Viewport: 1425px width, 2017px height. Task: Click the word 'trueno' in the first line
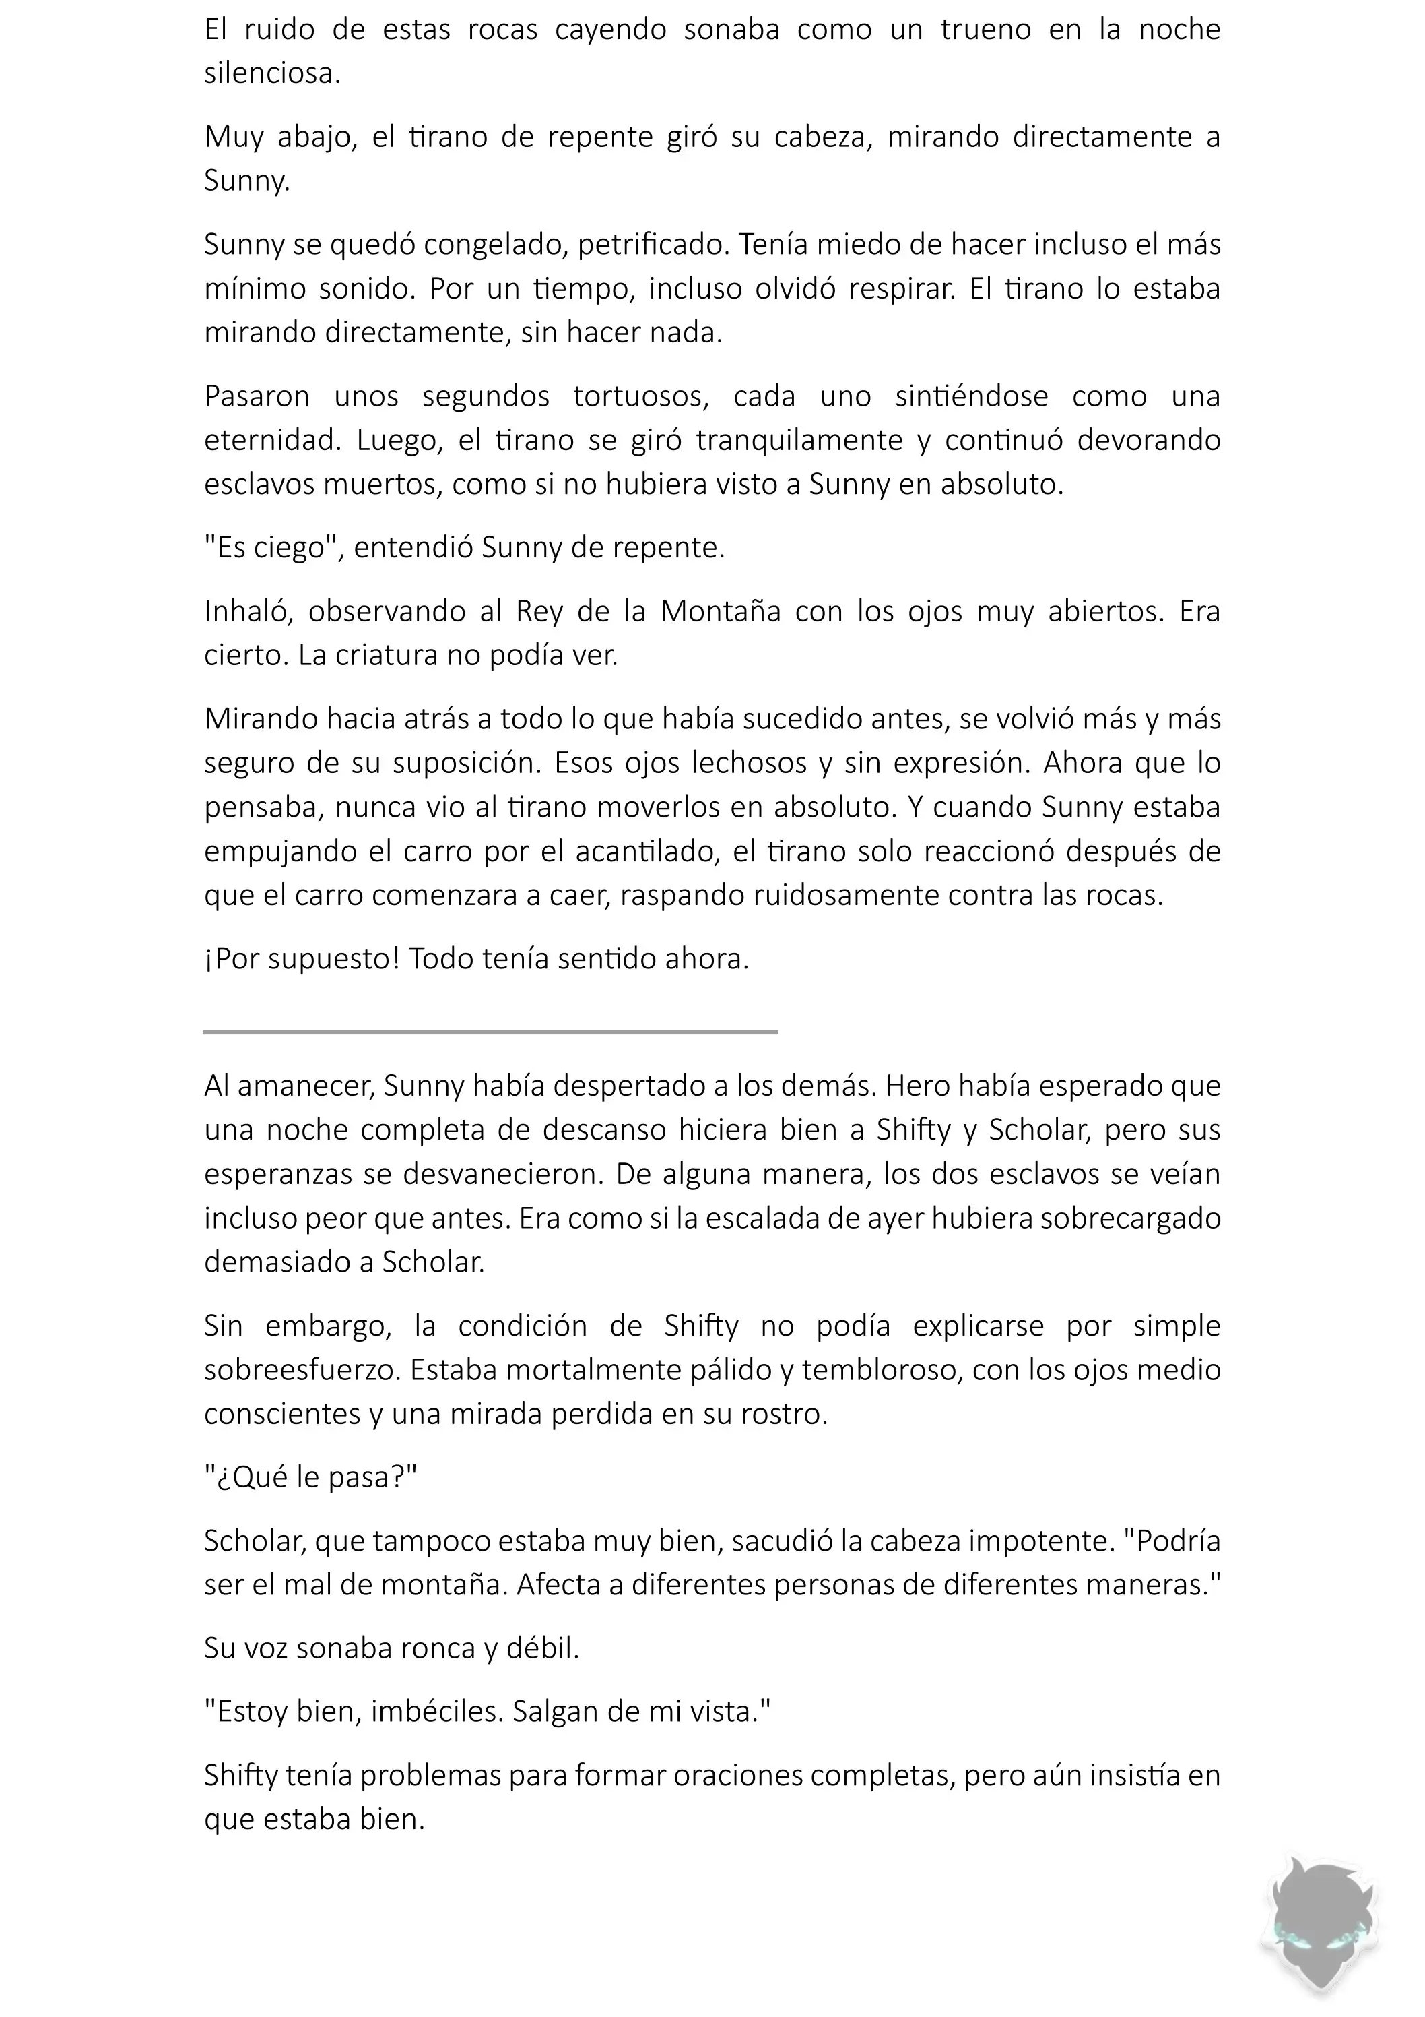[x=985, y=30]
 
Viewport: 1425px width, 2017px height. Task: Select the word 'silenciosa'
[x=271, y=74]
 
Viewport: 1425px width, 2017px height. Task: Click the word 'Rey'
[x=539, y=611]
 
